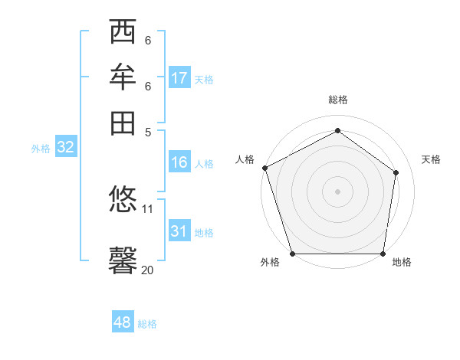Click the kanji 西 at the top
(x=123, y=32)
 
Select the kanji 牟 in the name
(x=123, y=77)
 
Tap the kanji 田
(x=123, y=123)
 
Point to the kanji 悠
(x=123, y=200)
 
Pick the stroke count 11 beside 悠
(x=148, y=208)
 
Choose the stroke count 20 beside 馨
(x=147, y=270)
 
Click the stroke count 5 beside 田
(x=148, y=131)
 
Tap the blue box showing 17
(x=179, y=78)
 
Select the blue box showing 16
(x=179, y=162)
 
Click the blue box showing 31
(x=179, y=231)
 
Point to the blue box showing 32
(x=65, y=148)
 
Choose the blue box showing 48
(x=123, y=323)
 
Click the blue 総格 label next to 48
(x=147, y=324)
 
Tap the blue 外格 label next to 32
(x=41, y=149)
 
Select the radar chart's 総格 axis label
(x=337, y=100)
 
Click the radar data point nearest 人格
(x=264, y=168)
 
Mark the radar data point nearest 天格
(x=396, y=172)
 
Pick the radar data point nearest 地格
(x=383, y=253)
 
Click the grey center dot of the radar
(x=337, y=191)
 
